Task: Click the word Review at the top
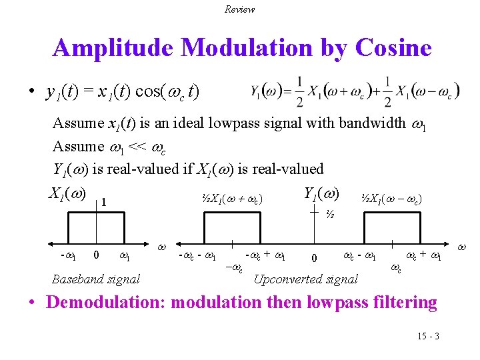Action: [239, 9]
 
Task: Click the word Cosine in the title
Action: [393, 47]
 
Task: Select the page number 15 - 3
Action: [427, 336]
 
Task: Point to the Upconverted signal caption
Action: [306, 279]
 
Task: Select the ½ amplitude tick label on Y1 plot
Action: [329, 215]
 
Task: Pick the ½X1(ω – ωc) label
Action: [391, 198]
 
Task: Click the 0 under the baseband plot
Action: [97, 254]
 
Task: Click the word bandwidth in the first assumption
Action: [372, 123]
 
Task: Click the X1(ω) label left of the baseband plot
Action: [66, 193]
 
